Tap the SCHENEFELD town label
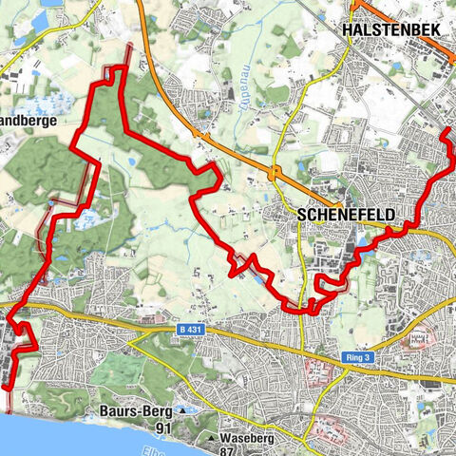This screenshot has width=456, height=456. coord(343,215)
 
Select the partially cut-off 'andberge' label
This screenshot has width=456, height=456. coord(28,121)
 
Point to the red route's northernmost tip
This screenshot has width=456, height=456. coord(122,68)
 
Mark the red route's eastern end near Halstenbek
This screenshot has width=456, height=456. coord(446,128)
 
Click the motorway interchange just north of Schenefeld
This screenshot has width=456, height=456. coord(275,173)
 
